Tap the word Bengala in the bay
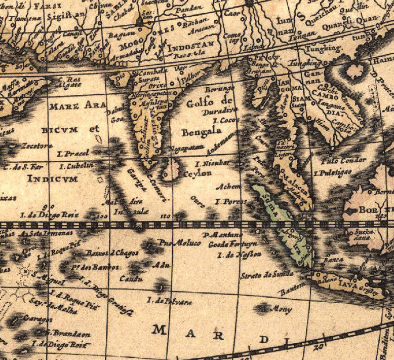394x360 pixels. click(x=202, y=131)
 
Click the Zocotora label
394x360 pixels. click(x=36, y=146)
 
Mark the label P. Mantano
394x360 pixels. click(x=222, y=235)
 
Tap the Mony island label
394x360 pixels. click(x=282, y=309)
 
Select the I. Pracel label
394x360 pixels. click(x=74, y=153)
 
